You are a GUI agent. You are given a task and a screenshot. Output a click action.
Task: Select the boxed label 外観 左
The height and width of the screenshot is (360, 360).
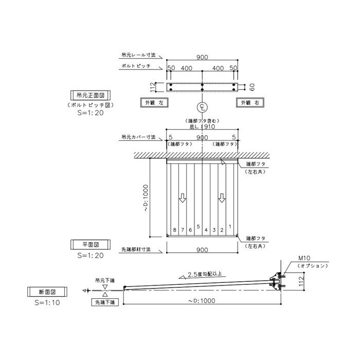154,102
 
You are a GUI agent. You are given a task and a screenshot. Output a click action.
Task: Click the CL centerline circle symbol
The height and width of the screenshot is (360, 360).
203,108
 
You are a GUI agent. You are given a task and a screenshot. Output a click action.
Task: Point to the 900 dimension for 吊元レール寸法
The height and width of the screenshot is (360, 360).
203,58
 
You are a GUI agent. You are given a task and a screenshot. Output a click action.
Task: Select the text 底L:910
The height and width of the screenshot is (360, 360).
203,126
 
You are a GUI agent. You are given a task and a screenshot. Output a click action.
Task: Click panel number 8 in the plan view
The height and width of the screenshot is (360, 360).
175,230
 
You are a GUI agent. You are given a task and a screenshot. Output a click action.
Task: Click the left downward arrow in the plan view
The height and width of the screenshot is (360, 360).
183,198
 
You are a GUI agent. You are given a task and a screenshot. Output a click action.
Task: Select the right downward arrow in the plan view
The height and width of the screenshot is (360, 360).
222,198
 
